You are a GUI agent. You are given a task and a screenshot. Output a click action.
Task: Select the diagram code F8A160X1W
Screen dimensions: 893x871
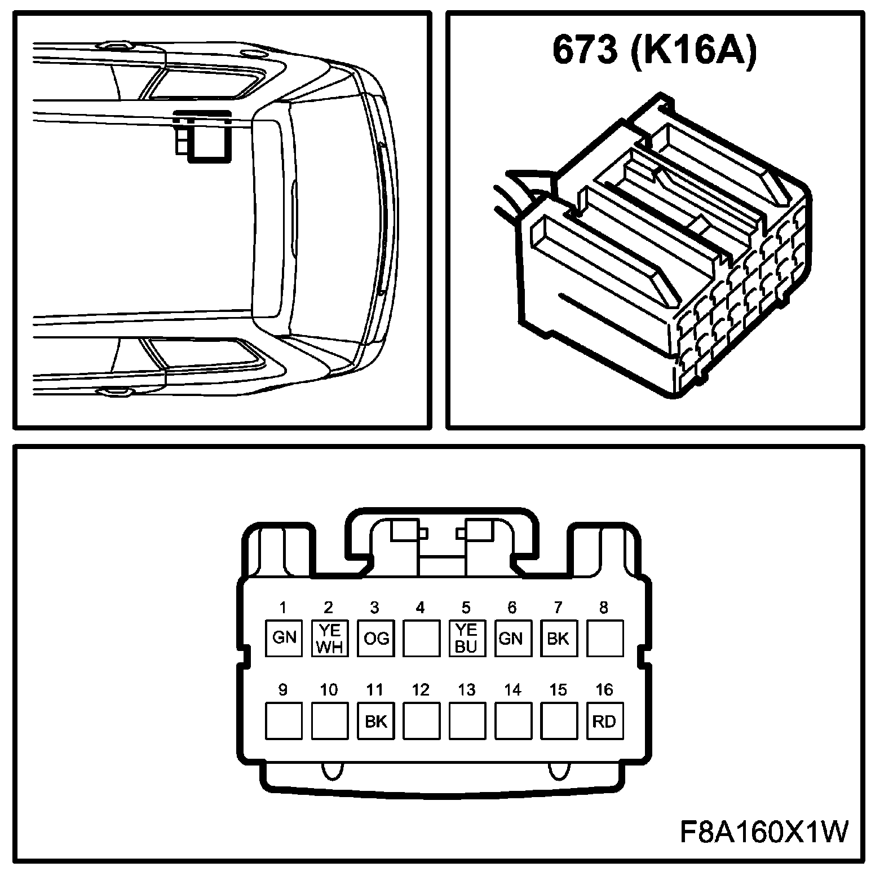764,832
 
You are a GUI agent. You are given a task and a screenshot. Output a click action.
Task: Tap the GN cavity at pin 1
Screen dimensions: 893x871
284,638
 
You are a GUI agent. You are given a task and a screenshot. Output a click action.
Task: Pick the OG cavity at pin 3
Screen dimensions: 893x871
376,638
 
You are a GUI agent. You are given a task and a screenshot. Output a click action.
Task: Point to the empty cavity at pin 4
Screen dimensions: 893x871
422,638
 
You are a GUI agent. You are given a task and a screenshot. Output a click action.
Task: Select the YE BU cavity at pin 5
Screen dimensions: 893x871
467,638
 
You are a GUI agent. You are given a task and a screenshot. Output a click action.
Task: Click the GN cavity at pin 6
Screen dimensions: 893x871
513,638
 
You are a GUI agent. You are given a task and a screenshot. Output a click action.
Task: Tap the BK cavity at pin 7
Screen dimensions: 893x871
559,638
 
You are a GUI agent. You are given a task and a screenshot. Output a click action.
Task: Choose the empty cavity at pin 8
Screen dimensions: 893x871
605,638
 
